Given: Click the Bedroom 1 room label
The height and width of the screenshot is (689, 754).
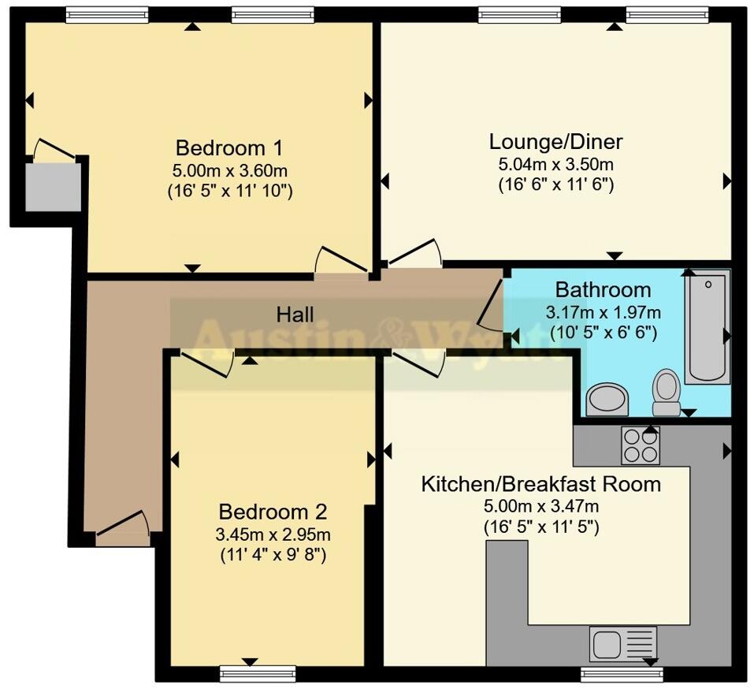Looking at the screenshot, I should coord(229,148).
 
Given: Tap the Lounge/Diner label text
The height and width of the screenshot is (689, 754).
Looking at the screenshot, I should coord(555,142).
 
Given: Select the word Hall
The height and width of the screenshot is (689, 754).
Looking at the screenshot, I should coord(295,315).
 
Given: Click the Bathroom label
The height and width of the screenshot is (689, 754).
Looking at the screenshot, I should coord(603,289).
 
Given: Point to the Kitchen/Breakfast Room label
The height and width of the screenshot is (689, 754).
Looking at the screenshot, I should coord(540,484).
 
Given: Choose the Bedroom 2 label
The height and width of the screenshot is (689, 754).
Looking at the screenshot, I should coord(273,511).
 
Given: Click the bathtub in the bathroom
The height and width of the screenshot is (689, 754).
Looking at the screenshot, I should coord(707,326).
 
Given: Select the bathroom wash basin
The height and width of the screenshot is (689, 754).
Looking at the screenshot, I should coord(607,398).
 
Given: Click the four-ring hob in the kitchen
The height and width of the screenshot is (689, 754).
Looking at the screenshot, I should coord(640,445).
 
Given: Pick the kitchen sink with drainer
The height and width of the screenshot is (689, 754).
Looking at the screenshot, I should coord(622,643).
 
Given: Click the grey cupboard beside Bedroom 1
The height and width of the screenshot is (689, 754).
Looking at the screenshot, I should coord(53,187).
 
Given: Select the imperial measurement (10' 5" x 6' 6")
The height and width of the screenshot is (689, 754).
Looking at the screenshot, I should coord(603,333).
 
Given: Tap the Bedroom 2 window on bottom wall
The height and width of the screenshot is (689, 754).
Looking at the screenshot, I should coord(258,672).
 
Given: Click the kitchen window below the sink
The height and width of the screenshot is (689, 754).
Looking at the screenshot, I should coord(621,674).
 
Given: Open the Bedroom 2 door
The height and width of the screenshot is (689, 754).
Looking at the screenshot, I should coord(206,363).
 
